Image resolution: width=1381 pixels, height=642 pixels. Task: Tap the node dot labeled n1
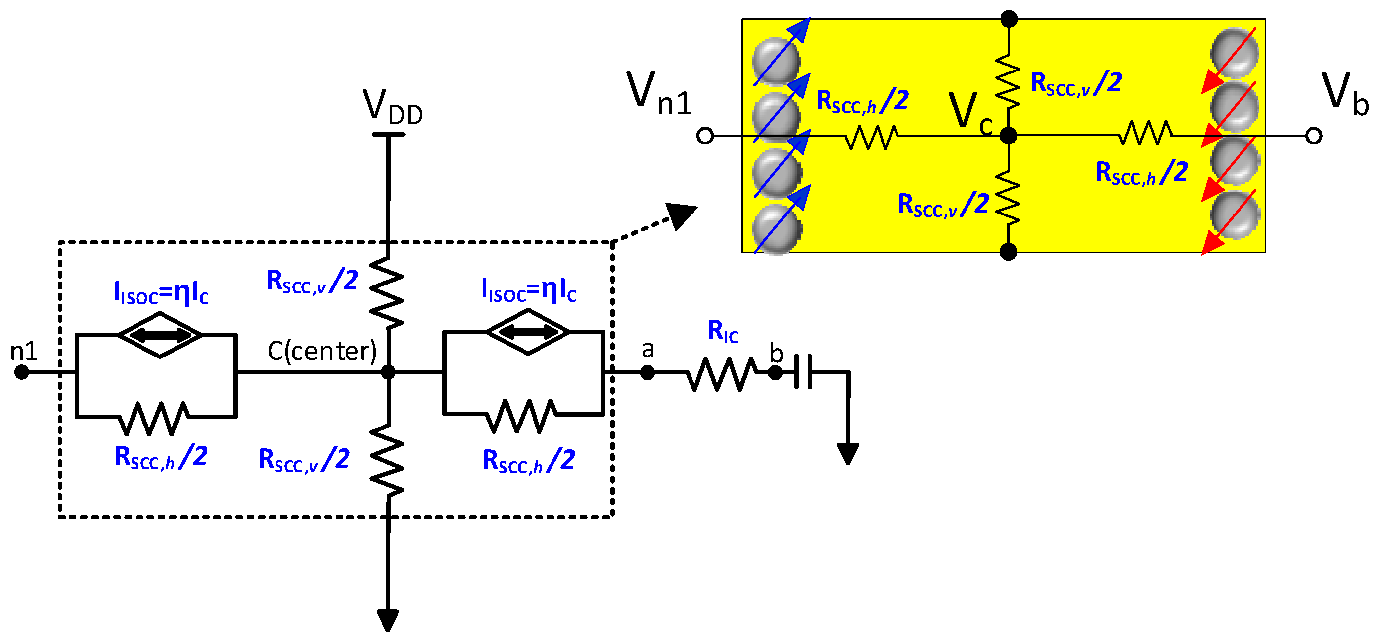tap(21, 372)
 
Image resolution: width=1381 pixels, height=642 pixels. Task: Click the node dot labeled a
tap(648, 372)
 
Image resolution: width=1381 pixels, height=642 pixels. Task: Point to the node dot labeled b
tap(775, 372)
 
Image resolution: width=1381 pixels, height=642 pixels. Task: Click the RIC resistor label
tap(723, 331)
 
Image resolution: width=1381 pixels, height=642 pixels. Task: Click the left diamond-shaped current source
tap(160, 335)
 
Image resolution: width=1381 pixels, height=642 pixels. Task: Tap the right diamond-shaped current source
tap(528, 332)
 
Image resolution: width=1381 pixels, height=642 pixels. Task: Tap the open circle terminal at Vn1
tap(705, 136)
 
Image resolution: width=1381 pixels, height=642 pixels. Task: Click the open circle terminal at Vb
tap(1313, 136)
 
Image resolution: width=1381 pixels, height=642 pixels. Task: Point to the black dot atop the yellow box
tap(1009, 19)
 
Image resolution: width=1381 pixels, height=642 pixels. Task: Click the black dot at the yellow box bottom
tap(1008, 252)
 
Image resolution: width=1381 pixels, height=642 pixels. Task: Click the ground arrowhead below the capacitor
tap(848, 454)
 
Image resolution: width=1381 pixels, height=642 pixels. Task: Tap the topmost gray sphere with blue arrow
tap(775, 60)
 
